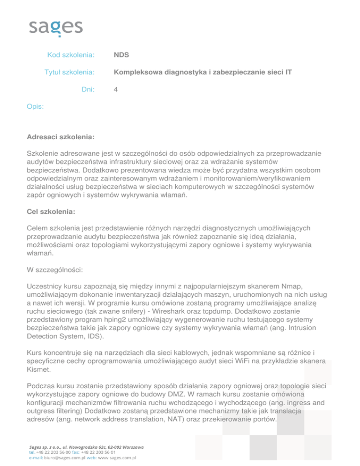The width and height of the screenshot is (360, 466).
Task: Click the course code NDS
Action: (121, 55)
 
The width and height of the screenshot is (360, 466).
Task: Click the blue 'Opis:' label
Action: (36, 107)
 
